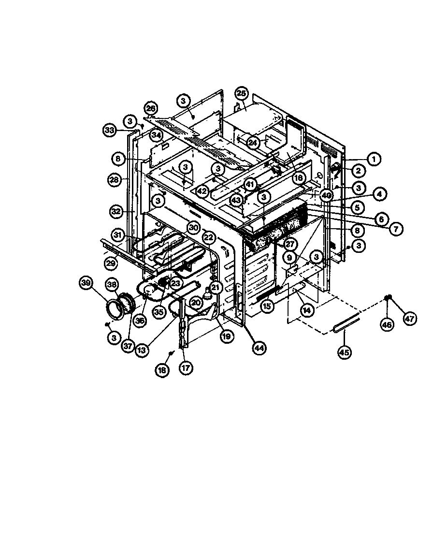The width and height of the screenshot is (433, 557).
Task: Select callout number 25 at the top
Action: coord(242,93)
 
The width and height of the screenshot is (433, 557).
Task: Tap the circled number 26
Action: coord(151,107)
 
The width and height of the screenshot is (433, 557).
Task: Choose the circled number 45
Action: coord(344,352)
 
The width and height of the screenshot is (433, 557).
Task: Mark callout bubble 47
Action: coord(410,319)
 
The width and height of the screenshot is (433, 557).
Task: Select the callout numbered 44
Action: coord(260,347)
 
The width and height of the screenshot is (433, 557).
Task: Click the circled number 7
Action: coord(395,229)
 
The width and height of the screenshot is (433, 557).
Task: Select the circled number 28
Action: coord(114,179)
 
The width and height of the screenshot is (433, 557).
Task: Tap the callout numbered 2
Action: coord(371,171)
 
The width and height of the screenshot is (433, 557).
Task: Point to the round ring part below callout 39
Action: coord(115,309)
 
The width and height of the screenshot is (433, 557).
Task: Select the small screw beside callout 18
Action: coord(171,355)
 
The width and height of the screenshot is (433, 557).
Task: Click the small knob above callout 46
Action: coord(388,297)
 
